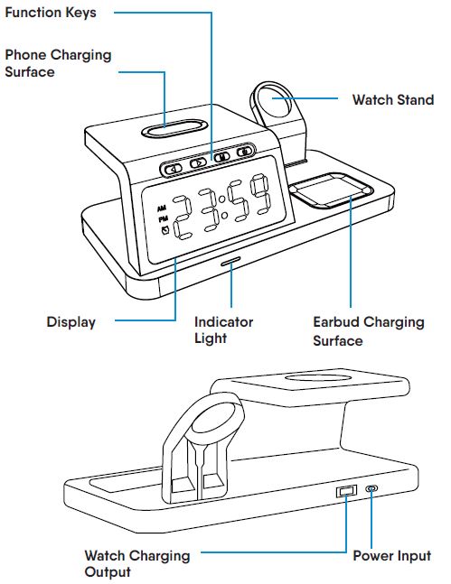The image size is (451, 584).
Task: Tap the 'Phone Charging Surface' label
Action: (x=58, y=62)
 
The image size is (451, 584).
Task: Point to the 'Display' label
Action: (x=71, y=321)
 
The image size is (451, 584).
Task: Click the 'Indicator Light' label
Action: (x=224, y=329)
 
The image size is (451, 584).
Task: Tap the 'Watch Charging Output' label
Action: (x=137, y=563)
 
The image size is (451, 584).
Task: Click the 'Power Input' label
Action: (x=391, y=555)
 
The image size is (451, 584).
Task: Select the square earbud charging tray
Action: (x=329, y=192)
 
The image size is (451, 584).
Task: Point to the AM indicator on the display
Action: (x=160, y=207)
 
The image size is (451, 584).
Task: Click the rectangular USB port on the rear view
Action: (x=345, y=493)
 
